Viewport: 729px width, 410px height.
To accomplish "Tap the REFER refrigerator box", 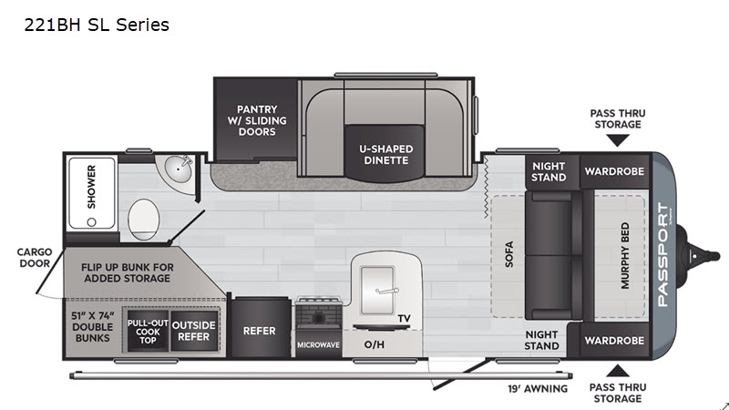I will [x=259, y=330].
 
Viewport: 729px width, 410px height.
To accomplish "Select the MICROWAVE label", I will [x=318, y=345].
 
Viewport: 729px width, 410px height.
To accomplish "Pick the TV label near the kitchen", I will [x=405, y=318].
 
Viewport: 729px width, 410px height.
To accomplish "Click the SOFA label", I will [x=509, y=255].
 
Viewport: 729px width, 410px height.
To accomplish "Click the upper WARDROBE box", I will [x=614, y=170].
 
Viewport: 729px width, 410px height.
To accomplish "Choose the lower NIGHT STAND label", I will [x=541, y=340].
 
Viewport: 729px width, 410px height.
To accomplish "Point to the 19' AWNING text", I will [x=538, y=389].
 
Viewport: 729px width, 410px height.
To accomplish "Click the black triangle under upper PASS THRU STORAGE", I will [x=618, y=140].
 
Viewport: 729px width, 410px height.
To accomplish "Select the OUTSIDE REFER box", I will [x=193, y=331].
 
